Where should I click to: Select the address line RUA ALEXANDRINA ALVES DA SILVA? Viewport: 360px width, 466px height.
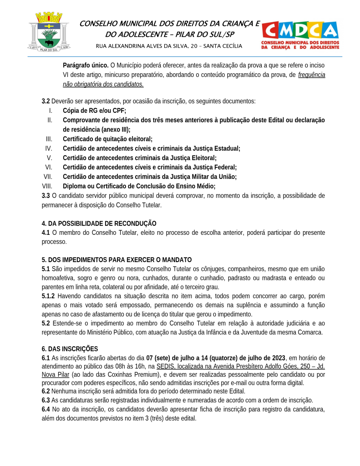point(169,46)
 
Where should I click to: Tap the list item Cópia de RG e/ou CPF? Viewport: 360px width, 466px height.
point(94,111)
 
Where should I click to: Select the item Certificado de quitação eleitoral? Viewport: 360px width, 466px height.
point(107,139)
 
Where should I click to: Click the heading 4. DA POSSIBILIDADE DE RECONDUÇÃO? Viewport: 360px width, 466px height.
point(99,223)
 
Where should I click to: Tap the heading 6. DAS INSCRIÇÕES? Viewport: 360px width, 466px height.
point(70,349)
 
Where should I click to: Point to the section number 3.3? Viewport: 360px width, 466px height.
point(46,196)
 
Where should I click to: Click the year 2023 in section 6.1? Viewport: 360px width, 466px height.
point(278,358)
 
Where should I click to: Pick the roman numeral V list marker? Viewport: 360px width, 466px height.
point(49,158)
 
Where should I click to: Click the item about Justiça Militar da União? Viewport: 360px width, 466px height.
point(150,177)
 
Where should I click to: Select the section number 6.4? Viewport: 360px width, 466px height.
point(46,410)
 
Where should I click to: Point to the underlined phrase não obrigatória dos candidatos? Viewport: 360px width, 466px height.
point(103,84)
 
